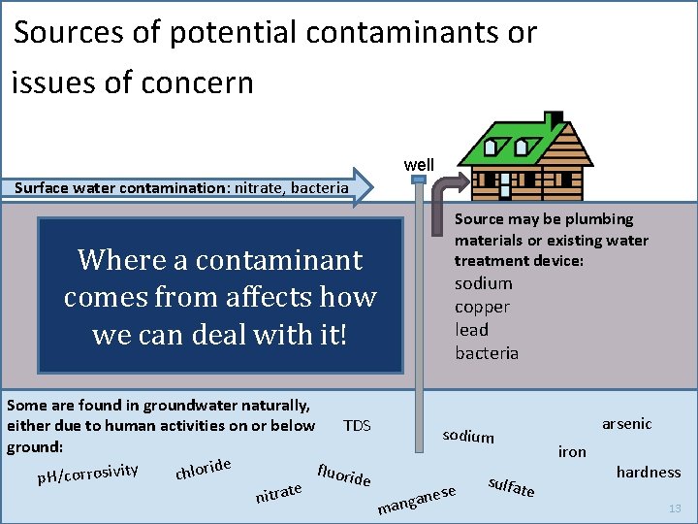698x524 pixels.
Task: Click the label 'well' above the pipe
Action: click(x=419, y=165)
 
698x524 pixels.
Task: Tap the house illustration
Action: click(x=529, y=156)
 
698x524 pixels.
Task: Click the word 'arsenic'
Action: click(x=626, y=424)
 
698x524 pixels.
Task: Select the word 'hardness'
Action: click(x=649, y=473)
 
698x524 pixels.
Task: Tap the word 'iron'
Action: click(x=572, y=451)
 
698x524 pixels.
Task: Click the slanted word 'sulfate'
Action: click(x=511, y=486)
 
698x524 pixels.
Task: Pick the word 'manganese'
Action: click(x=418, y=499)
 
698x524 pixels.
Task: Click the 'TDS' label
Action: click(x=357, y=426)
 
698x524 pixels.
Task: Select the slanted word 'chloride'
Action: click(x=203, y=469)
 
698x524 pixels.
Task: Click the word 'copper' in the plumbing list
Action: click(x=482, y=307)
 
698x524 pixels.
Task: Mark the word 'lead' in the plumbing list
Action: click(x=472, y=330)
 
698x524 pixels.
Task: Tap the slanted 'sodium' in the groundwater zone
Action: click(x=468, y=436)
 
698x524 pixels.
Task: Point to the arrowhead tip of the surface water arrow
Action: click(x=370, y=187)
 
